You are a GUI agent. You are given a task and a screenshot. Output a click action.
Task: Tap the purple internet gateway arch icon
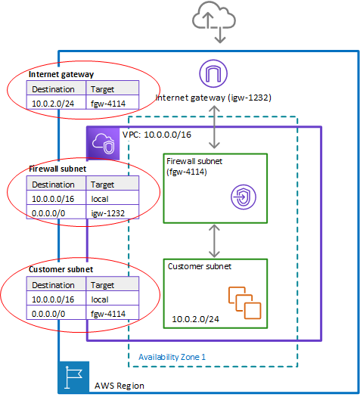(x=213, y=73)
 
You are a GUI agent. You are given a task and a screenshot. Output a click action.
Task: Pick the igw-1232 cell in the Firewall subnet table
(x=113, y=212)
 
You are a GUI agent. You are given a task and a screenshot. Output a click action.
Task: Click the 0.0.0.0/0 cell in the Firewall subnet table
(x=56, y=212)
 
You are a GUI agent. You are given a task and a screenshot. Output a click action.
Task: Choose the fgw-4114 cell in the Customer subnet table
(x=113, y=313)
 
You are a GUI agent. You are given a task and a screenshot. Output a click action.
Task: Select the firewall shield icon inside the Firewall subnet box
(x=244, y=197)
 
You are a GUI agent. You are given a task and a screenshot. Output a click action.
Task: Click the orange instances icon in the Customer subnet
(x=244, y=302)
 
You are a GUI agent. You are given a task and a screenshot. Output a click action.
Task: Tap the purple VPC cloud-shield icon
(x=103, y=144)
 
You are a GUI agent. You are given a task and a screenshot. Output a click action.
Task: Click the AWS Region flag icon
(x=73, y=377)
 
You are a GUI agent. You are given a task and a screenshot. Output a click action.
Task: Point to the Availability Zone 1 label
(x=172, y=357)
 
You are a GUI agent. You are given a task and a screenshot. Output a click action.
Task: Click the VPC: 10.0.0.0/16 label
(x=157, y=135)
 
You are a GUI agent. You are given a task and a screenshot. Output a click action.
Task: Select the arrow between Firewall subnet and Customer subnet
(x=214, y=241)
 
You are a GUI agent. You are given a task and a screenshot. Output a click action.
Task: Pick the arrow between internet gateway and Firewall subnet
(x=214, y=127)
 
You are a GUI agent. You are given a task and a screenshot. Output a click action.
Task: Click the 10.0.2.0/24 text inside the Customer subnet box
(x=195, y=319)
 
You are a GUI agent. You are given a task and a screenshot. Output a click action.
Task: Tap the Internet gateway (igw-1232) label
(x=213, y=98)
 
